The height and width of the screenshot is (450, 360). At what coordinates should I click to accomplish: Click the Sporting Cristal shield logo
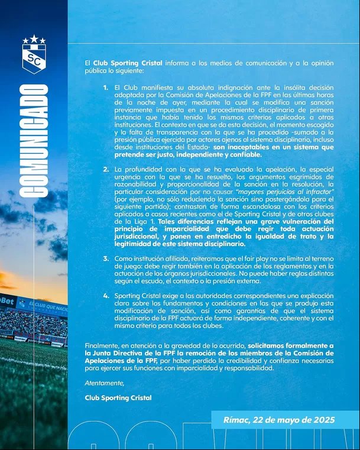click(x=34, y=57)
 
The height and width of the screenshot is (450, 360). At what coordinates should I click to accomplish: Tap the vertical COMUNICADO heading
click(x=34, y=142)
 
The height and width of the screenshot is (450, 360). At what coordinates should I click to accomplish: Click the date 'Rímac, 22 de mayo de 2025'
click(x=279, y=420)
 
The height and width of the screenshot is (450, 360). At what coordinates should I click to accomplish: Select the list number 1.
click(x=105, y=88)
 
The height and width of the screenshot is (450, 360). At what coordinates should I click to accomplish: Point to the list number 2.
click(x=105, y=169)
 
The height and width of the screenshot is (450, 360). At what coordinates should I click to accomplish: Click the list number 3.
click(x=105, y=258)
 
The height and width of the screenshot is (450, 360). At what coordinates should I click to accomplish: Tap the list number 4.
click(x=105, y=294)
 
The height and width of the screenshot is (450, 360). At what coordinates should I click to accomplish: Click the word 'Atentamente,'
click(x=105, y=383)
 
